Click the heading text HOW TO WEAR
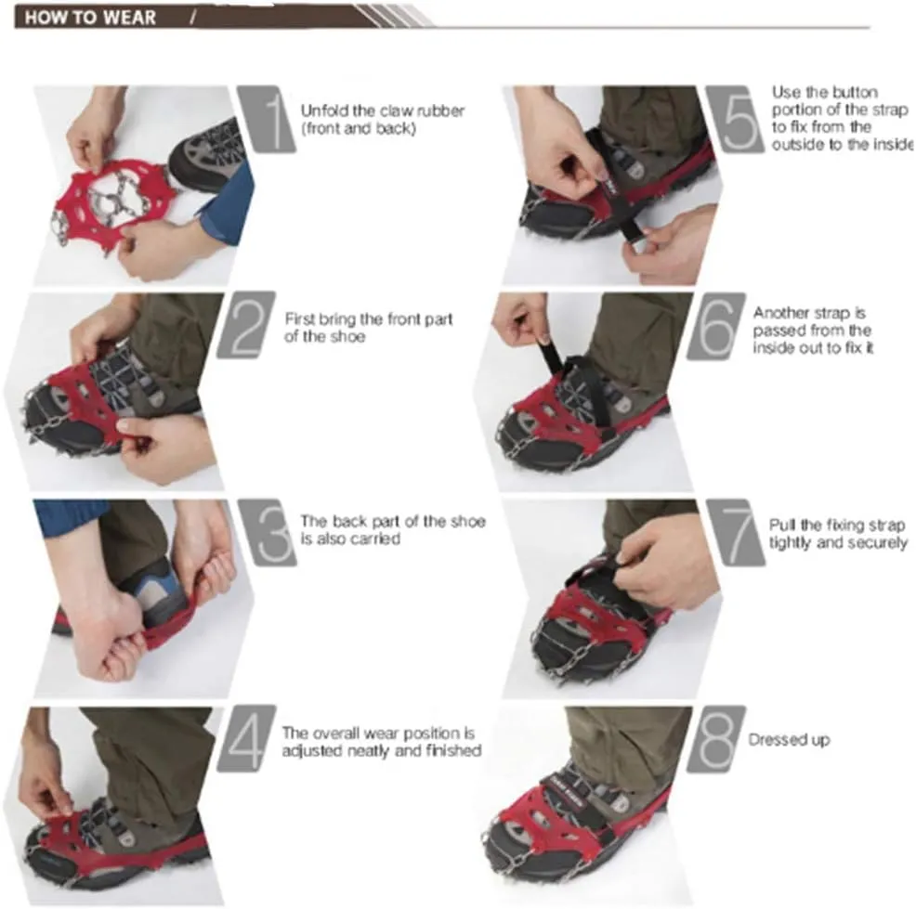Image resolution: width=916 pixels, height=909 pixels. pos(90,18)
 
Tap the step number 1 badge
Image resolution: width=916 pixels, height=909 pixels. pos(267,119)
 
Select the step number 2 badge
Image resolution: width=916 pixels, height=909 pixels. pos(246,325)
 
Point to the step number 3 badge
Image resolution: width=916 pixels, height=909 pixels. pos(268,532)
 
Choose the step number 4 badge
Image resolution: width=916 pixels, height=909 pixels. pos(246,738)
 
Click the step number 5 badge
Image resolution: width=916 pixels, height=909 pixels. pos(735,119)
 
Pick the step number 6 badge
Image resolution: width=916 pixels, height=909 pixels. pos(716,325)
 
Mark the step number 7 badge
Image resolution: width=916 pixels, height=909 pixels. pos(736,532)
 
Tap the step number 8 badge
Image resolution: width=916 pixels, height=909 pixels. pos(716,738)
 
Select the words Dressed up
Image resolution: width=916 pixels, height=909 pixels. pos(790,740)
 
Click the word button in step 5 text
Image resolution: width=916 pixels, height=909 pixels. pos(856,93)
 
